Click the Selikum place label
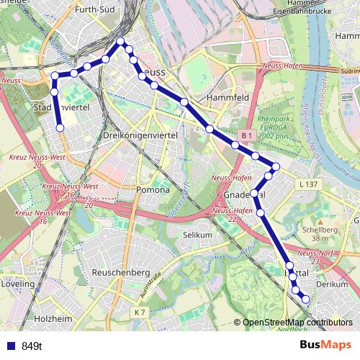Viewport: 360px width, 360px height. point(197,235)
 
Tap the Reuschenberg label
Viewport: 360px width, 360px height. point(121,273)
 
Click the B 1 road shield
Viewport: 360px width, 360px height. point(246,135)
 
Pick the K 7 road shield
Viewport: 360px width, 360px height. point(140,311)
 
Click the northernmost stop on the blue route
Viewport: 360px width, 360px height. point(121,41)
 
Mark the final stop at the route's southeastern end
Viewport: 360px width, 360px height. point(305,299)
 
